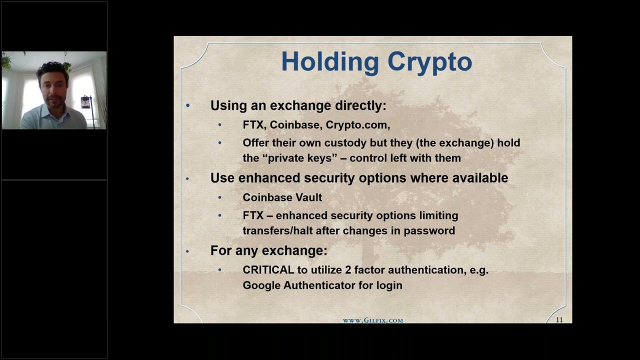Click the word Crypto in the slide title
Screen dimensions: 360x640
pos(429,62)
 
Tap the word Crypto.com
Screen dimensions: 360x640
pos(357,125)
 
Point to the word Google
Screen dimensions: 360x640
pos(261,285)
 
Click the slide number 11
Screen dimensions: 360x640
pos(559,320)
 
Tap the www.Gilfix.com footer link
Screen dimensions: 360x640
pos(372,320)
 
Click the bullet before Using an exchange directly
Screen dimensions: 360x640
pos(188,106)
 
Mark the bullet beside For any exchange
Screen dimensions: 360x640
pos(188,251)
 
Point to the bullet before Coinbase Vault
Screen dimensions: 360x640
pos(219,198)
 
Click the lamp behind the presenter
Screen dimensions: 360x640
pos(86,102)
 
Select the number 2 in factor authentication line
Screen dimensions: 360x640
pos(347,270)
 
